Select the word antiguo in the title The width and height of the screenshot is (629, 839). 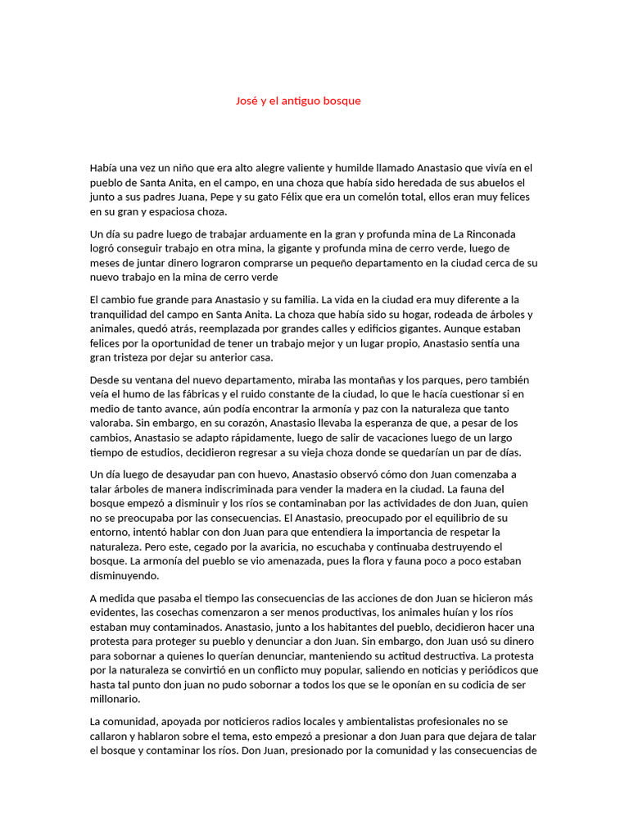click(x=305, y=101)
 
